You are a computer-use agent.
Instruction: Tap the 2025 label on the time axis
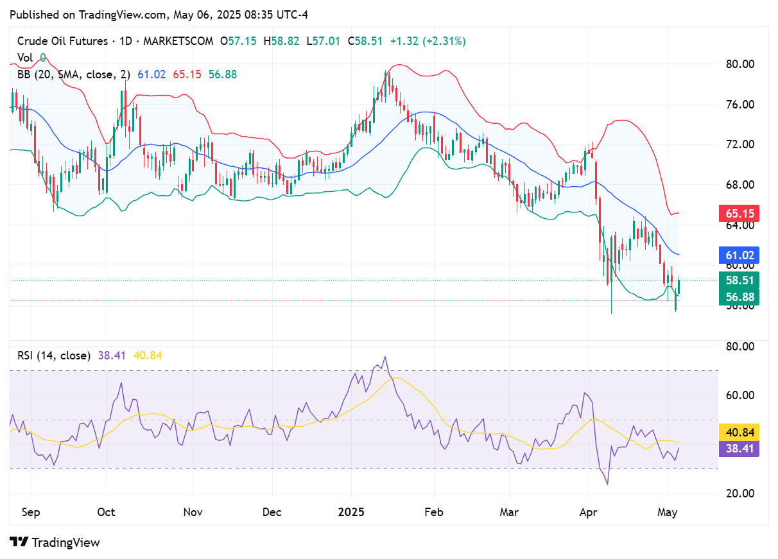(x=352, y=512)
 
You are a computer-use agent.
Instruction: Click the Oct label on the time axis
(x=106, y=512)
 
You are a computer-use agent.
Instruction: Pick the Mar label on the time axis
(x=509, y=512)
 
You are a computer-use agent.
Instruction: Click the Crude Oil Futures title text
(x=62, y=41)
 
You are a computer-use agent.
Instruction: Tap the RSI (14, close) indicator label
(x=53, y=355)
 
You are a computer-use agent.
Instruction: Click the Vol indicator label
(x=25, y=58)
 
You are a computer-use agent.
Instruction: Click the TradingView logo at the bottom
(x=55, y=542)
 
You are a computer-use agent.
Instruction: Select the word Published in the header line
(x=33, y=14)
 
